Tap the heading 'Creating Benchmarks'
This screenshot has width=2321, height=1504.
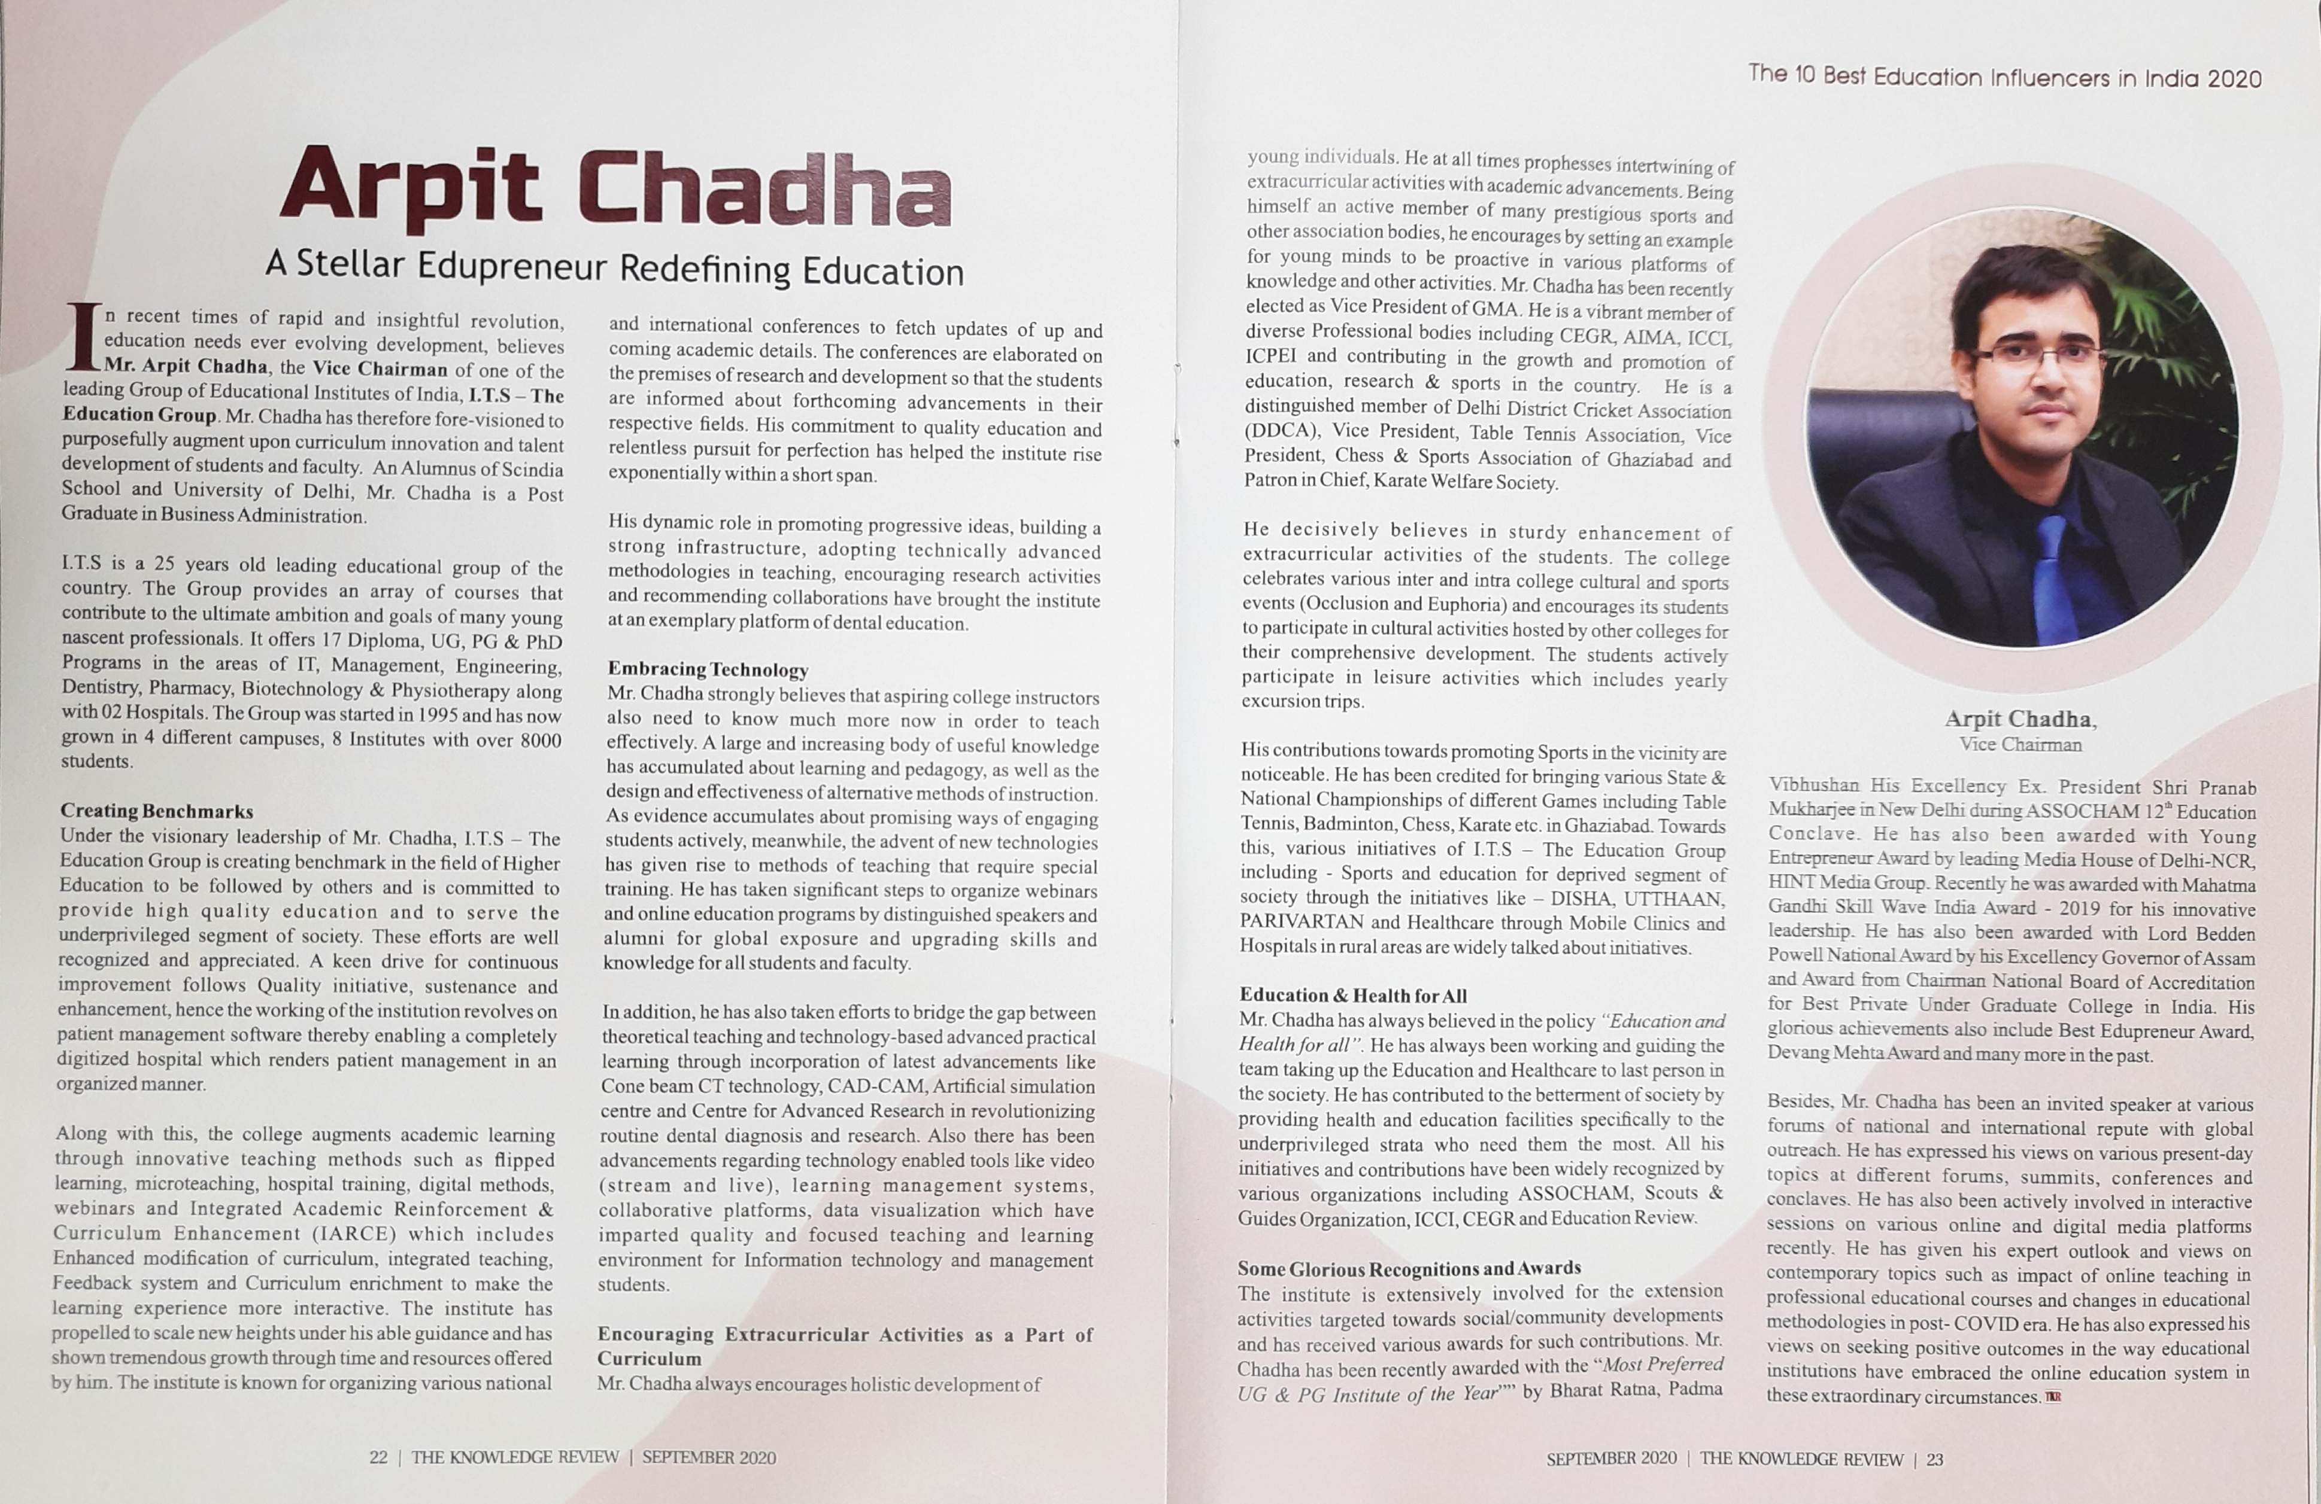(x=157, y=811)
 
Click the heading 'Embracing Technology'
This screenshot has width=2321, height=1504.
(x=708, y=669)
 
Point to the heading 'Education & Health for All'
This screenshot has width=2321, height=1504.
(x=1352, y=995)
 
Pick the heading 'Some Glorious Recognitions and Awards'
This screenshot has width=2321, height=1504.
(x=1408, y=1268)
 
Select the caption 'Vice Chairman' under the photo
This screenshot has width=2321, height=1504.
(x=2020, y=745)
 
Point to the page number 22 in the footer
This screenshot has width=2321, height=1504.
(x=378, y=1457)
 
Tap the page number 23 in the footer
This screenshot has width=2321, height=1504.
(x=1935, y=1459)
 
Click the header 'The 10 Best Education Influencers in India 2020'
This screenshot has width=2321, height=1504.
(x=2004, y=76)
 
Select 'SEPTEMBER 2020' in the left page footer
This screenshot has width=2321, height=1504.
(x=709, y=1458)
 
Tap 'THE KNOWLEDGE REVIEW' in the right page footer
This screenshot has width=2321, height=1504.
(x=1801, y=1459)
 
